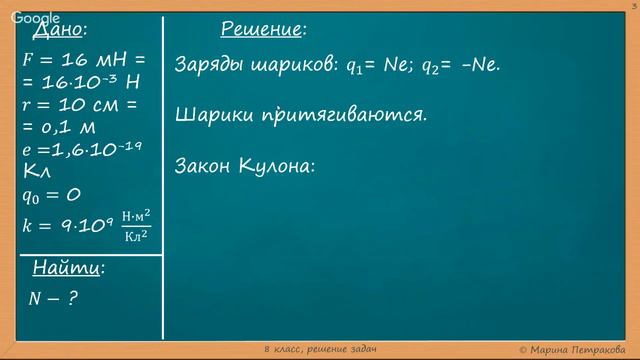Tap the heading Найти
point(68,268)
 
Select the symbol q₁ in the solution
point(355,66)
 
